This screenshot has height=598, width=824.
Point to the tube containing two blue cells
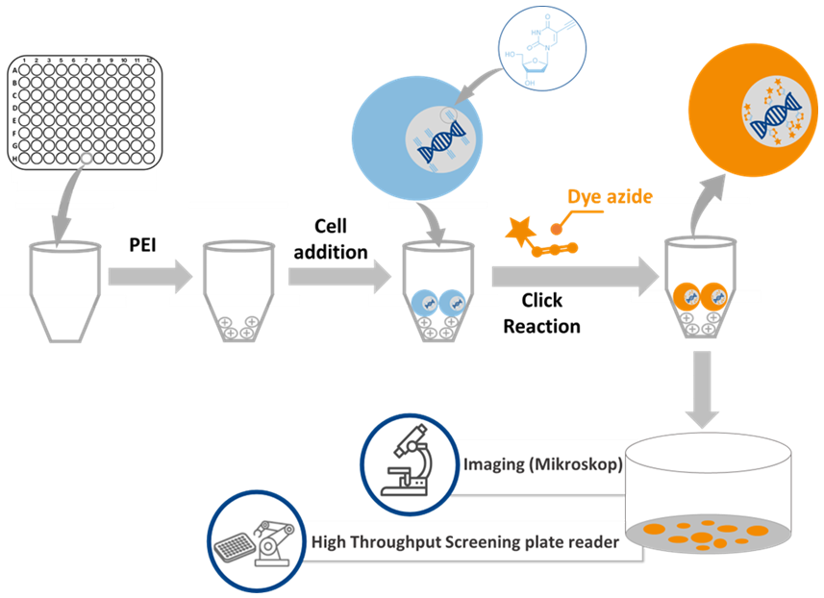click(x=437, y=292)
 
